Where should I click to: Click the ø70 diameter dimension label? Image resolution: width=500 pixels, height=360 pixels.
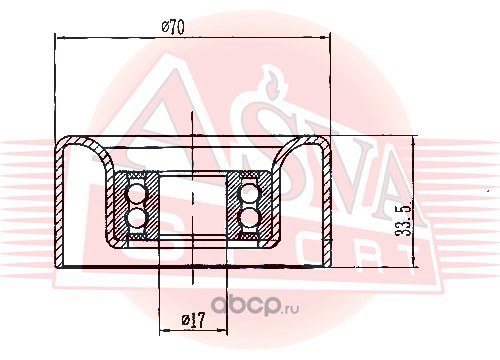point(173,28)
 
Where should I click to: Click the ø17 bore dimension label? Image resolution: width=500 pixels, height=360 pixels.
point(193,320)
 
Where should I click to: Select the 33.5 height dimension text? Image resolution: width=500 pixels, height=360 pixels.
point(403,221)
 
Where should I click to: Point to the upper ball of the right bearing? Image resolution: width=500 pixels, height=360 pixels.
point(250,193)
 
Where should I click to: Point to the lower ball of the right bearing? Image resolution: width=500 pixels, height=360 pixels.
point(250,217)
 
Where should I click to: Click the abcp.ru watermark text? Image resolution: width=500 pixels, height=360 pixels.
point(256,306)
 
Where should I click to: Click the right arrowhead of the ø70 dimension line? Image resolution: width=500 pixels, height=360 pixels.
point(324,38)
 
